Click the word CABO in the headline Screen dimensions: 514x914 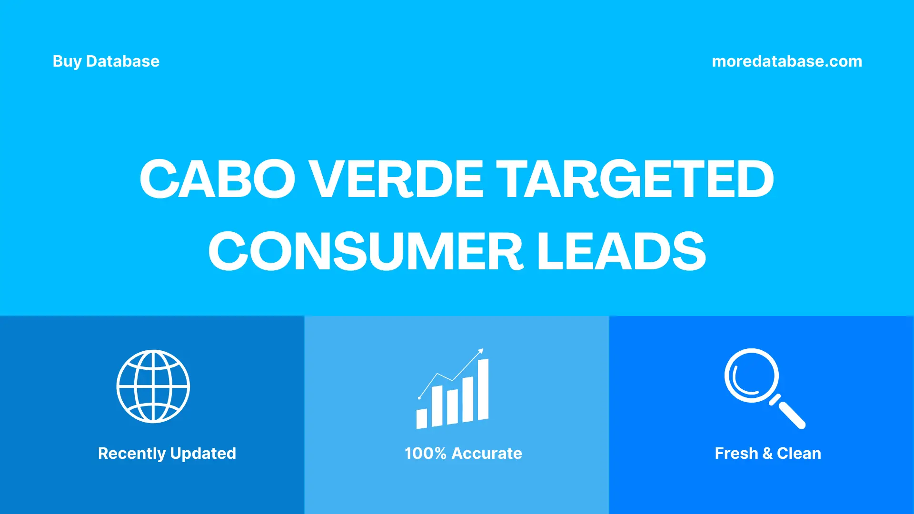[x=217, y=179]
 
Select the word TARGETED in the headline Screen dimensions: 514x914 [x=635, y=179]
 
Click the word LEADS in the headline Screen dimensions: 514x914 [x=621, y=251]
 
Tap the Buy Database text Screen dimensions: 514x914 [x=106, y=61]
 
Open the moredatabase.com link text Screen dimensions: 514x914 [x=786, y=61]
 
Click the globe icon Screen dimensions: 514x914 [x=153, y=386]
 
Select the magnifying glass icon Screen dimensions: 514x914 [x=752, y=376]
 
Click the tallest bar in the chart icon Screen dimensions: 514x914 [x=483, y=389]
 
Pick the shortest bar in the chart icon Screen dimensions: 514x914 [x=422, y=418]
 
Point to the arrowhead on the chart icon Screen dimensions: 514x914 [x=481, y=351]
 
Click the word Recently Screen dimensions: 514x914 [x=132, y=454]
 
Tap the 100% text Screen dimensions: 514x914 [x=425, y=454]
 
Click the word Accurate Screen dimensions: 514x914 [x=487, y=454]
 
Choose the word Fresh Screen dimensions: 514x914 [x=736, y=454]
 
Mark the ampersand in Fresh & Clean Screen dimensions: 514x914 [x=767, y=454]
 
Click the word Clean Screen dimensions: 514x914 [x=799, y=454]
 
